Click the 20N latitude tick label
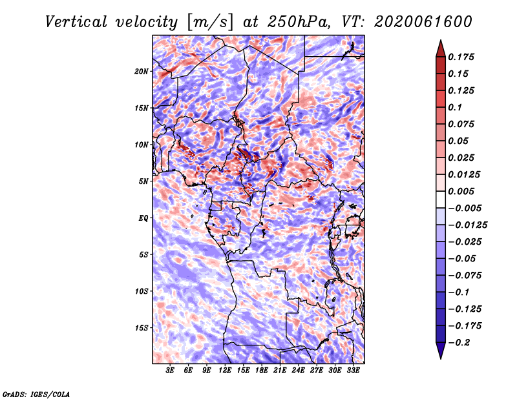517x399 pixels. tap(142, 72)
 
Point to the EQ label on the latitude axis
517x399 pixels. tap(143, 218)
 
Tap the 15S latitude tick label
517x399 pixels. tap(142, 328)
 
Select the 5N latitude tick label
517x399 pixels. tap(143, 181)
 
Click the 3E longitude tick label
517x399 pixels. tap(170, 371)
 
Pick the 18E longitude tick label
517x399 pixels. tap(262, 371)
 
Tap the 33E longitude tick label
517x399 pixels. tap(353, 371)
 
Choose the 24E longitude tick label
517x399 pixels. tap(298, 371)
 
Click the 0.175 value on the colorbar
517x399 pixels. tap(461, 57)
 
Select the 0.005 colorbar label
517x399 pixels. tap(461, 191)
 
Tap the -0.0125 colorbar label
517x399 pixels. tap(467, 225)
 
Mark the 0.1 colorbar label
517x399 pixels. tap(455, 107)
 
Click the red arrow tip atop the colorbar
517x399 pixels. tap(441, 41)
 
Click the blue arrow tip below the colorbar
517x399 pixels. tap(441, 358)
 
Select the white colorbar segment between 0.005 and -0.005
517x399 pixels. tap(441, 200)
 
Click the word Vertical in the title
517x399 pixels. tap(76, 22)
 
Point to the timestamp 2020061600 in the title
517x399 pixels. tap(423, 22)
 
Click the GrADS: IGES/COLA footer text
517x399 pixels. tap(36, 394)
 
